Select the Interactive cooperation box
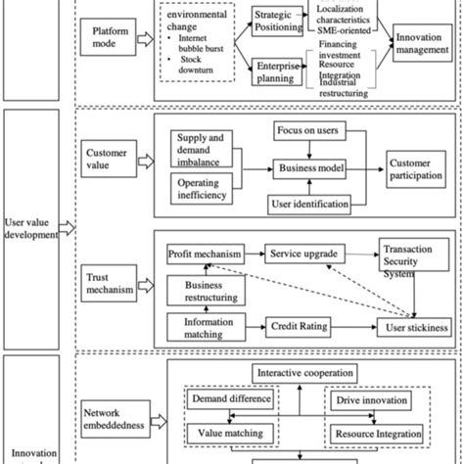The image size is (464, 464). point(310,374)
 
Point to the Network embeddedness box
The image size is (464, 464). point(113,418)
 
